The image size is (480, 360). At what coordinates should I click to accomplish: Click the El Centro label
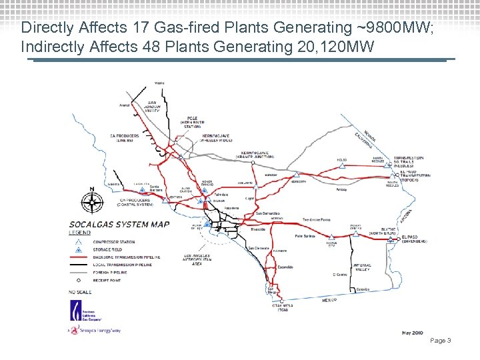[x=341, y=274]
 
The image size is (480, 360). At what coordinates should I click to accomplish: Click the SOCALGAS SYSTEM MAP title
[x=119, y=224]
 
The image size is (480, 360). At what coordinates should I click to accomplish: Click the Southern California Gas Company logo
[x=79, y=313]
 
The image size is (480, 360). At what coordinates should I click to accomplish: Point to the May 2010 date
[x=413, y=331]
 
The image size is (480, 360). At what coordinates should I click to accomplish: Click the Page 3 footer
[x=441, y=341]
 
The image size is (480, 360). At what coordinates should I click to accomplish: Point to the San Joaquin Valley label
[x=157, y=106]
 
